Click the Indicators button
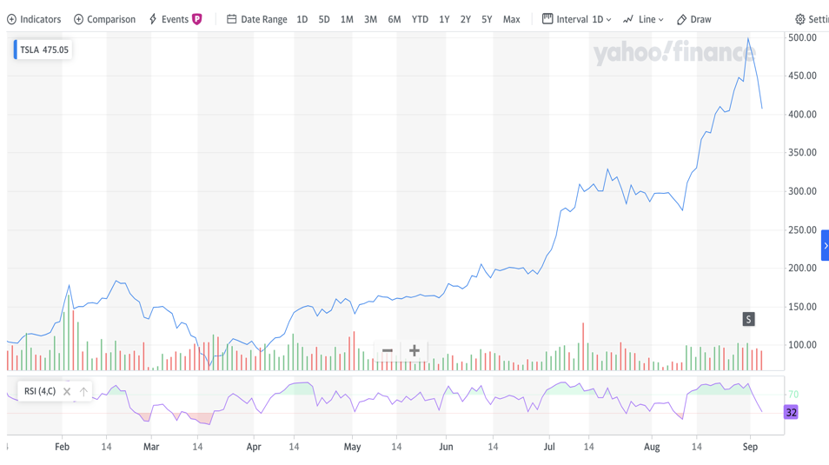(x=34, y=19)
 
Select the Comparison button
(x=104, y=19)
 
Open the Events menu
(x=175, y=19)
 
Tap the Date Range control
(x=256, y=19)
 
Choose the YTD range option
(x=420, y=19)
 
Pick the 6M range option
(x=395, y=19)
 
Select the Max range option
(x=511, y=19)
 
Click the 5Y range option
(x=487, y=19)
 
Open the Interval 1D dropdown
(x=577, y=19)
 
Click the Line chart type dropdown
(x=643, y=19)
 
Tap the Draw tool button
(x=693, y=19)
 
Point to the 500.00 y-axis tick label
(x=801, y=38)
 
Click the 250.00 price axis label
(x=801, y=230)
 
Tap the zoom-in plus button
(x=414, y=351)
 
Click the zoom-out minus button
(x=388, y=351)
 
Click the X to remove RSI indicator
(x=67, y=392)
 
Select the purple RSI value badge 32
(x=791, y=413)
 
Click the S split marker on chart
(x=748, y=320)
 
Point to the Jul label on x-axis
(x=549, y=447)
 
